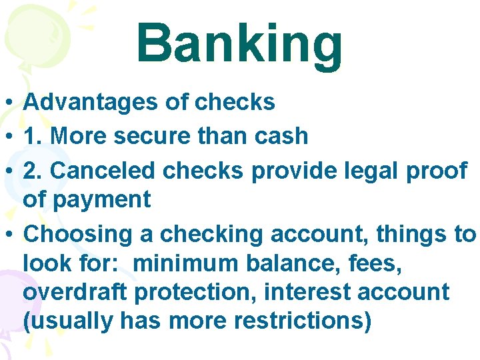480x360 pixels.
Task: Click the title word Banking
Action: [239, 44]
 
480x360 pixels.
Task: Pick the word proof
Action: [441, 171]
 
